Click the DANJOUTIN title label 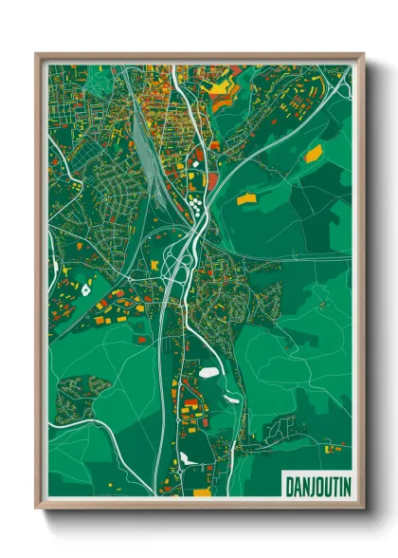click(x=317, y=486)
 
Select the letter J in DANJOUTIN click(x=311, y=486)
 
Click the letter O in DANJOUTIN click(x=318, y=486)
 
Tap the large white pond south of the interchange click(x=208, y=373)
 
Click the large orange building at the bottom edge click(x=202, y=493)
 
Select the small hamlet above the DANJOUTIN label click(x=284, y=432)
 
